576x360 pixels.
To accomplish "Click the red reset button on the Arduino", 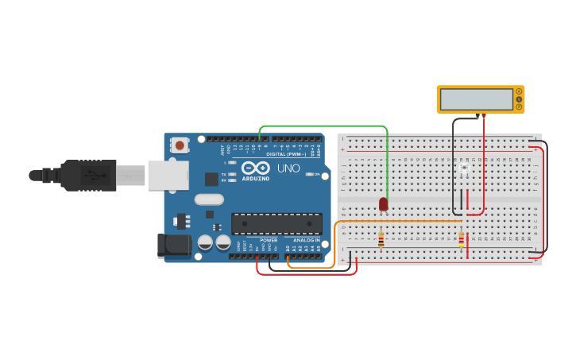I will tap(180, 145).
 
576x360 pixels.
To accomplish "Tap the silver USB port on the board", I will tap(167, 175).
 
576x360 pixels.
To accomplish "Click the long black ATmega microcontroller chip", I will tap(276, 223).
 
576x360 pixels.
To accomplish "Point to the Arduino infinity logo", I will tap(256, 168).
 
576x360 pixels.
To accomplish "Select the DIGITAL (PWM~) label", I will tap(286, 153).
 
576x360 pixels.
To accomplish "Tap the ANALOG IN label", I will tap(306, 239).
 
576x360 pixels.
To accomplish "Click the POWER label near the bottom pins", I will tap(269, 239).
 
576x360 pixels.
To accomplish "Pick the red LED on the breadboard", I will tap(383, 204).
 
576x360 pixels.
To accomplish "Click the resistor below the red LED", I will tap(381, 238).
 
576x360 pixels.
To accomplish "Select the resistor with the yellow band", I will tap(462, 238).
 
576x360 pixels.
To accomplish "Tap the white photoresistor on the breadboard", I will tap(464, 168).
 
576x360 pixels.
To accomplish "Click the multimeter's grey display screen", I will tap(477, 99).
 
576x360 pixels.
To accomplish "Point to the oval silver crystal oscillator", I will tap(208, 199).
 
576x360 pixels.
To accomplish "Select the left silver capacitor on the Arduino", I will tap(205, 242).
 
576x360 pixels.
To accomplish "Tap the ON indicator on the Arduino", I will tap(316, 174).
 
